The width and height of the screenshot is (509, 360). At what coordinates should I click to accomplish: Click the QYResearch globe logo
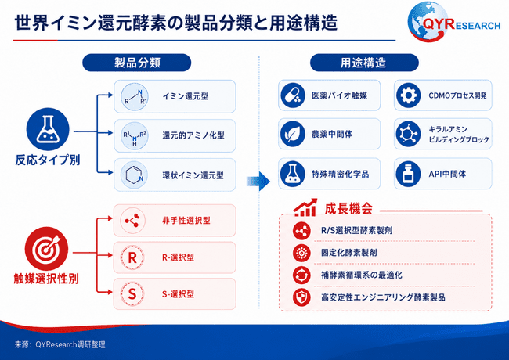428,22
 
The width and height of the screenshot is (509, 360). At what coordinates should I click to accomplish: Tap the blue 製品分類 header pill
137,63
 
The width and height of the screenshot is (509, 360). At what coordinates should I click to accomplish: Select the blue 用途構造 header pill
364,63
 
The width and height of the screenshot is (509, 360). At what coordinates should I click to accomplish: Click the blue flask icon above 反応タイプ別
48,129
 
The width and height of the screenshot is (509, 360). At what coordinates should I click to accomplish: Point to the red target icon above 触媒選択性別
46,248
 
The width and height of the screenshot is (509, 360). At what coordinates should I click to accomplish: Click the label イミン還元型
186,96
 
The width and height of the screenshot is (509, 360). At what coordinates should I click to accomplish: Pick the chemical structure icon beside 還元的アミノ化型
135,135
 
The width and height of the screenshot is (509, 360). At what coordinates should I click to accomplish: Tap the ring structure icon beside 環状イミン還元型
135,175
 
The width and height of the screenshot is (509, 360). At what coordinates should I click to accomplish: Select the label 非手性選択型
186,221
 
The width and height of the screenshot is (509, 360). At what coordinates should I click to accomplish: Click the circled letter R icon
132,257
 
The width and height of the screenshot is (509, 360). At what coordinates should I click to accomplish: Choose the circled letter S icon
132,293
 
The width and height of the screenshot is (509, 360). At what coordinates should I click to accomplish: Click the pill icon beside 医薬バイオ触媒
293,95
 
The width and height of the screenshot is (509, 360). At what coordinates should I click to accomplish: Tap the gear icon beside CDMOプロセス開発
408,95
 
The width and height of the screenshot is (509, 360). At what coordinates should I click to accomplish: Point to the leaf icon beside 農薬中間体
293,134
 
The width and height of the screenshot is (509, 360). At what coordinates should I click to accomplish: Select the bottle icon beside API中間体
408,174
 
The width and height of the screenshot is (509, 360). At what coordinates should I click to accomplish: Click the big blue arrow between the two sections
258,182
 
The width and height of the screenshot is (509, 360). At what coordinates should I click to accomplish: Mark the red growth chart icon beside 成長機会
305,207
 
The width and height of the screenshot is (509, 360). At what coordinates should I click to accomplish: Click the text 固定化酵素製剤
349,253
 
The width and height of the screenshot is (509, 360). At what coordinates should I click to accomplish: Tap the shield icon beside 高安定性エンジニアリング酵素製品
301,297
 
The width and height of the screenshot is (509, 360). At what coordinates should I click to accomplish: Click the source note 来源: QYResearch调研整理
60,344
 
